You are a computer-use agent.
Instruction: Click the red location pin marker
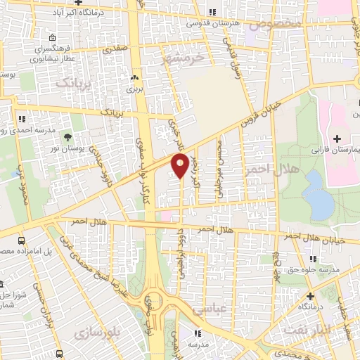tap(180, 165)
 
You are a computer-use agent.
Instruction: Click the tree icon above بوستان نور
tap(68, 138)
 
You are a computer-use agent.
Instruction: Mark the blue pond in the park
tap(319, 193)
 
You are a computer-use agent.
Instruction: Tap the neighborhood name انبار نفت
tap(303, 328)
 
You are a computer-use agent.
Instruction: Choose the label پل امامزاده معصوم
tap(23, 251)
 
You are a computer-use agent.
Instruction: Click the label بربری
tap(134, 89)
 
